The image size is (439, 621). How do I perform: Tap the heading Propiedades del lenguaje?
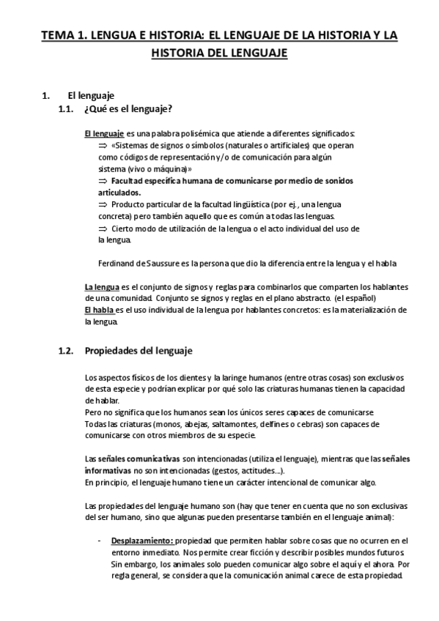coord(138,351)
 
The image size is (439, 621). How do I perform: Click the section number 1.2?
coord(65,351)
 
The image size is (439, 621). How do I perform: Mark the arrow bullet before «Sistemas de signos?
coord(103,146)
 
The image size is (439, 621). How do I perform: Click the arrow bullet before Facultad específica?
coord(103,180)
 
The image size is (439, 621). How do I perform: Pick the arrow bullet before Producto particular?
coord(103,204)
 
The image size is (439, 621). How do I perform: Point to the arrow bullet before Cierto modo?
coord(103,228)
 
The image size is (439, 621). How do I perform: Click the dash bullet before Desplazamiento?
coord(99,540)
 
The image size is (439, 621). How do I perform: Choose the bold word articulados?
coord(119,192)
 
